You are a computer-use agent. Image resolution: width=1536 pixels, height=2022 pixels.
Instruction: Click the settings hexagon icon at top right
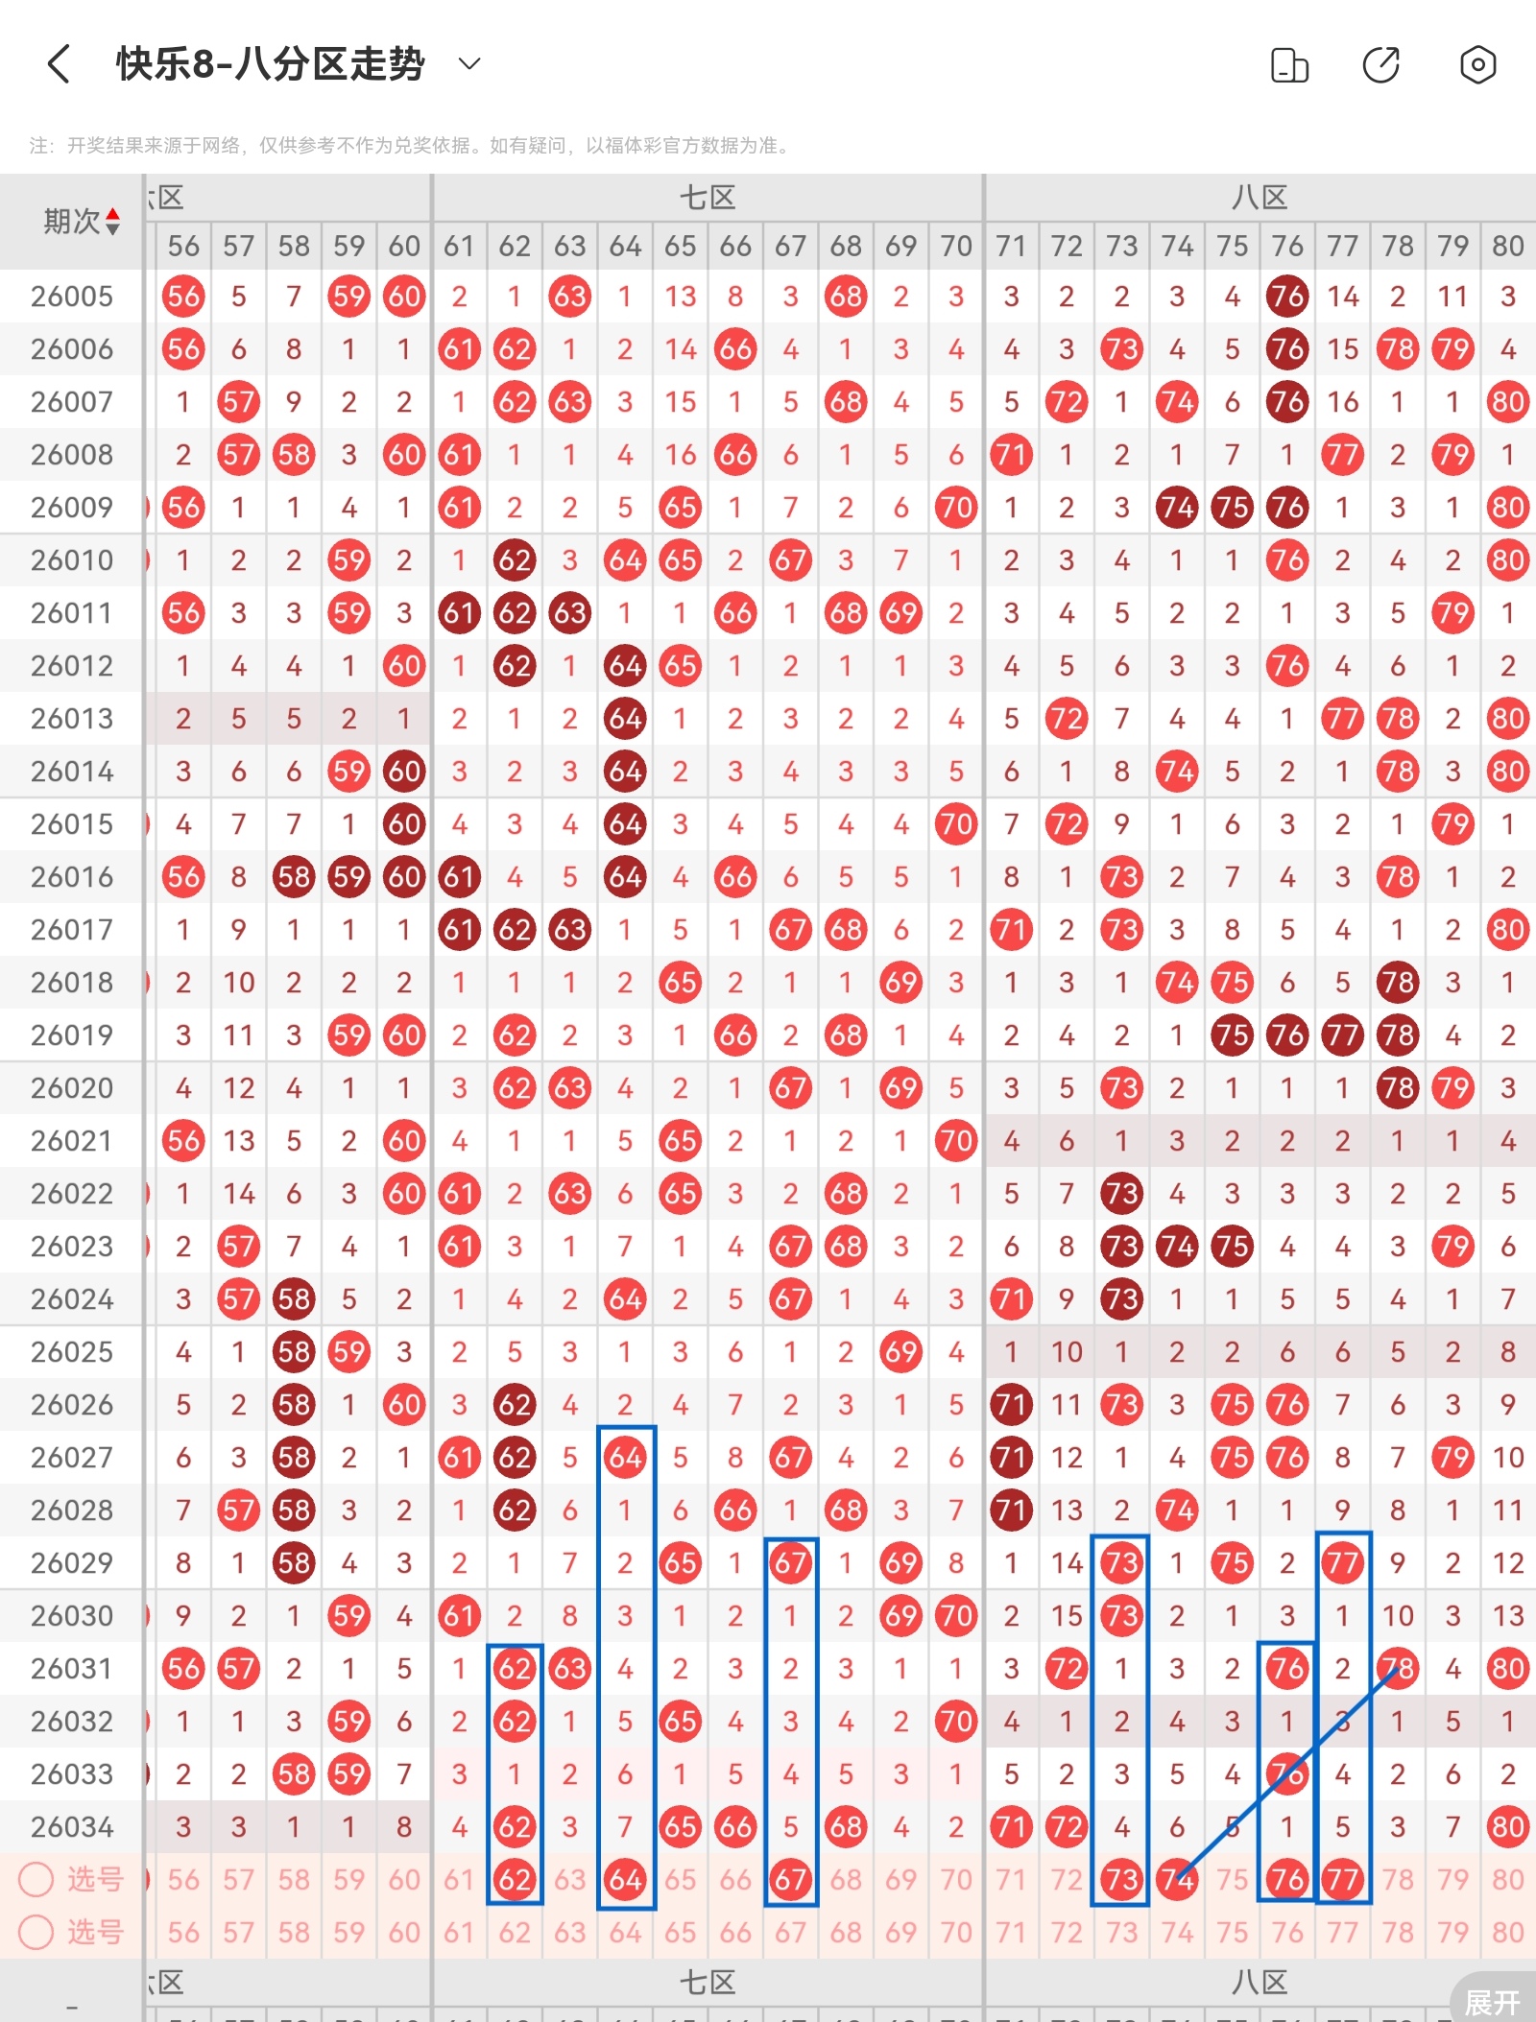1477,65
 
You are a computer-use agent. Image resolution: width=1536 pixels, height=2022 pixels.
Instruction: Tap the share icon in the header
1381,65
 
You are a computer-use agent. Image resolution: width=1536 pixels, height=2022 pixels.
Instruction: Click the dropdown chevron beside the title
469,64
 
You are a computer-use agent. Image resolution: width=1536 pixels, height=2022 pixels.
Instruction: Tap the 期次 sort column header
81,222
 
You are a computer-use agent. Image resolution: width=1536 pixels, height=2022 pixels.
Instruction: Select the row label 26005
72,297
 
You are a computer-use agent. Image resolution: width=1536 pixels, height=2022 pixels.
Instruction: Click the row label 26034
72,1827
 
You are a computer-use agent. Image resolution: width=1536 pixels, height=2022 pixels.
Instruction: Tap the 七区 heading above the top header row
708,199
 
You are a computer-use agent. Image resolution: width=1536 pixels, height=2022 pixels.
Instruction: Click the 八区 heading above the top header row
1260,199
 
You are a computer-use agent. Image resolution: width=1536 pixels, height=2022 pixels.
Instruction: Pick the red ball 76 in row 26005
1287,297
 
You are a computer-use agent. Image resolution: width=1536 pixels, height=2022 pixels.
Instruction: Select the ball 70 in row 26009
956,508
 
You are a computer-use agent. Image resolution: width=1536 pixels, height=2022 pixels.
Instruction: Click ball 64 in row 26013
625,719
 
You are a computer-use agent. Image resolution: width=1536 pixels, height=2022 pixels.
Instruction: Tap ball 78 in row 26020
1398,1088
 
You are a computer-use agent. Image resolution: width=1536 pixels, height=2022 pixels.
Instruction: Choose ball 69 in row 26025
900,1352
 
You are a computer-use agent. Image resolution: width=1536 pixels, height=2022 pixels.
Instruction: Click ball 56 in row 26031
183,1669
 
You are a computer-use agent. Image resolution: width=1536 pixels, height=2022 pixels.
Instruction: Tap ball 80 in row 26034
1507,1827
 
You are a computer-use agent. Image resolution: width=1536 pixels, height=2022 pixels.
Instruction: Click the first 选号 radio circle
36,1880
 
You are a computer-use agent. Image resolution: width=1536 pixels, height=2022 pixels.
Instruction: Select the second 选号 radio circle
36,1932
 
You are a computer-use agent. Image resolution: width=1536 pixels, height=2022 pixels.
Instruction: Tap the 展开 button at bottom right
1492,2002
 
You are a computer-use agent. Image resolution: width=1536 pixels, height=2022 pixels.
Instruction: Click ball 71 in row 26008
1011,455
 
